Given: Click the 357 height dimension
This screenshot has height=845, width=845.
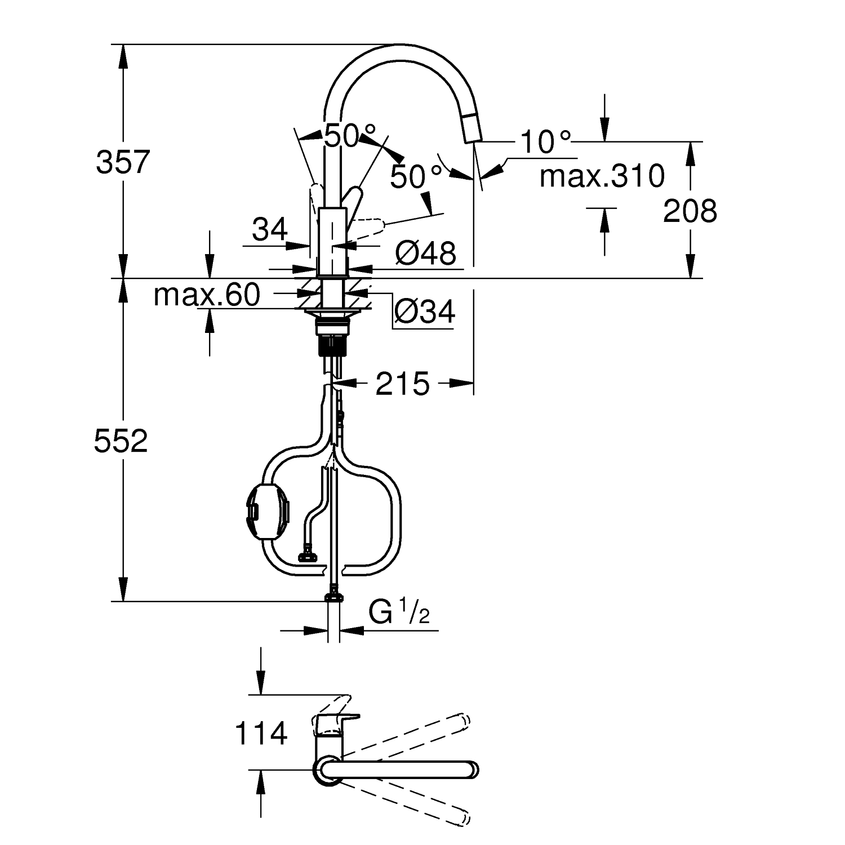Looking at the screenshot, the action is pos(123,162).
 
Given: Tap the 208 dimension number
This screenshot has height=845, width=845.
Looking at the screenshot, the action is pos(690,211).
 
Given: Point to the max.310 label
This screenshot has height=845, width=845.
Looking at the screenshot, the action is pos(602,176).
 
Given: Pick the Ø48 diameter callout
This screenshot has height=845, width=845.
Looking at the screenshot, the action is pos(425,253).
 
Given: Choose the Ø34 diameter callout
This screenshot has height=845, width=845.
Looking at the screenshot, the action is pos(425,311).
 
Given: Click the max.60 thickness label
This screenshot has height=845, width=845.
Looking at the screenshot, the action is pos(207,294).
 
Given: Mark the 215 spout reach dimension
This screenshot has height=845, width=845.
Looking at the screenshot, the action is pos(403,384).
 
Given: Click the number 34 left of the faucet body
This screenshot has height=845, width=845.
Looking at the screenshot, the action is pos(270,229).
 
